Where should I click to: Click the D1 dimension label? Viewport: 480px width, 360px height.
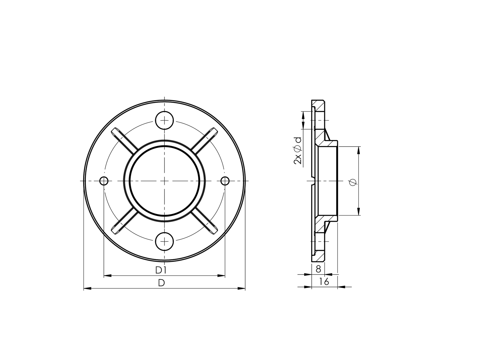click(161, 270)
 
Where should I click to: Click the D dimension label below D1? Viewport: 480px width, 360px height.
click(161, 283)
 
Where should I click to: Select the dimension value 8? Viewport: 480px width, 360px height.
click(319, 269)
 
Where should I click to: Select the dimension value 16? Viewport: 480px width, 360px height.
click(324, 282)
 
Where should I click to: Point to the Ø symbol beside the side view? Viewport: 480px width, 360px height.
click(353, 182)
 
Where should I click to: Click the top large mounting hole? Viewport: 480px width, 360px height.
click(165, 120)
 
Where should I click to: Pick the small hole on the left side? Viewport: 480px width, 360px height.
click(104, 181)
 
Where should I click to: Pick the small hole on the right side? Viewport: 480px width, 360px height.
click(225, 181)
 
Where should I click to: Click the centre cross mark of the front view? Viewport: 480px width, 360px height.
click(165, 181)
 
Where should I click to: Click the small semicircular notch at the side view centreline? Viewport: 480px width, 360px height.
click(314, 181)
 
